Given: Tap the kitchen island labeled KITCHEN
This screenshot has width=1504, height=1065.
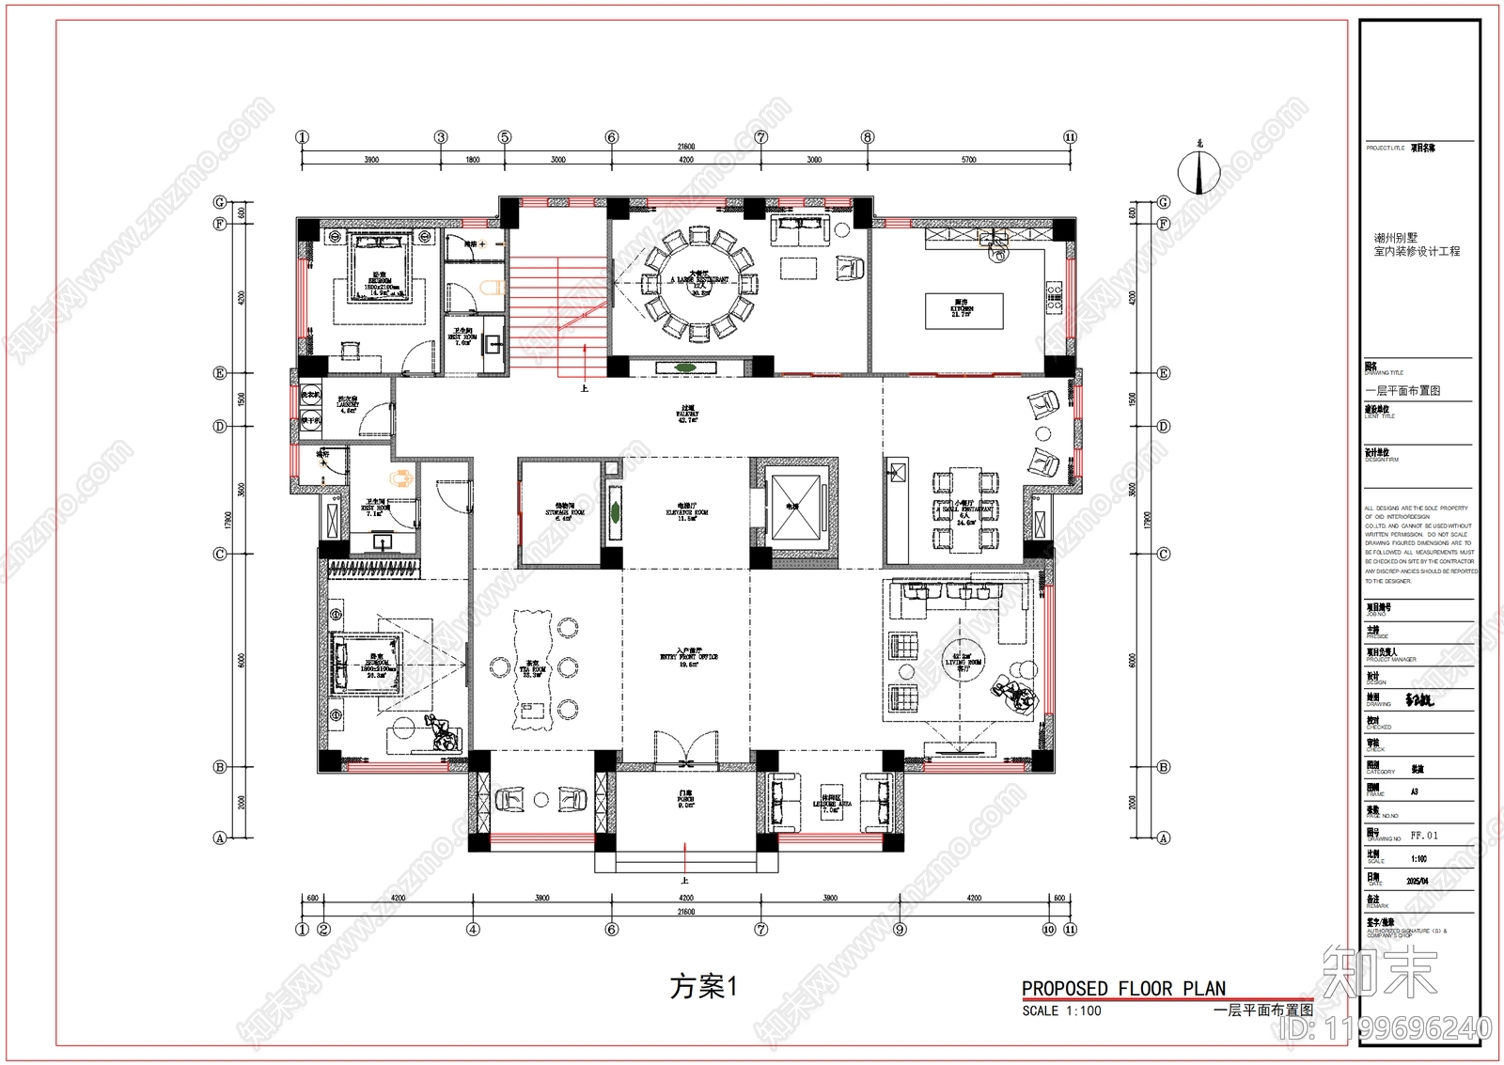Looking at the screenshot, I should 962,310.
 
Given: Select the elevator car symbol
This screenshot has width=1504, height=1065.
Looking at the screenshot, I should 792,506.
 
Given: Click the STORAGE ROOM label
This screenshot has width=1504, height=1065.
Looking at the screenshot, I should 565,512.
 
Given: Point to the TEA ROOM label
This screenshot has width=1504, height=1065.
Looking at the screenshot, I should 533,671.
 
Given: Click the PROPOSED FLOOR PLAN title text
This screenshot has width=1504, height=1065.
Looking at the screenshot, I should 1123,988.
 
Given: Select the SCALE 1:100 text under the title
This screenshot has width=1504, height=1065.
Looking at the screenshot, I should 1061,1011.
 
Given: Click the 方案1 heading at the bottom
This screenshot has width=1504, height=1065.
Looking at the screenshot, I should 703,987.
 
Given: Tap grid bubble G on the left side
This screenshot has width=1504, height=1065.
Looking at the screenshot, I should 220,202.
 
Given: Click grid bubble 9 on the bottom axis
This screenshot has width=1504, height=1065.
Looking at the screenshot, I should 900,930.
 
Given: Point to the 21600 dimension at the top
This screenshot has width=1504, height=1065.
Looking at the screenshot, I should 685,147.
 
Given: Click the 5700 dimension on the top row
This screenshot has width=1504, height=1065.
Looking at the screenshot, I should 968,160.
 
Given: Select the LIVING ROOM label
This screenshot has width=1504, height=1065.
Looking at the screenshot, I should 963,663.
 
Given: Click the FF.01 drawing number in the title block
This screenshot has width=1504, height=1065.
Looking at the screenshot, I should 1424,835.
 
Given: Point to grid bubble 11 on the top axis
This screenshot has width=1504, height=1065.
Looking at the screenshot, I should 1070,137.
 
